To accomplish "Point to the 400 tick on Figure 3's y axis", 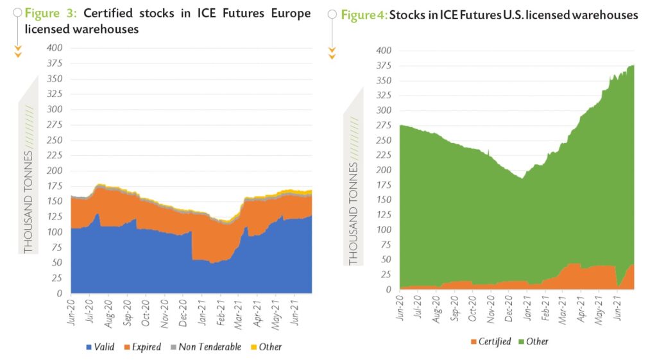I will (x=56, y=48).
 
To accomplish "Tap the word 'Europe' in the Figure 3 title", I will (x=289, y=13).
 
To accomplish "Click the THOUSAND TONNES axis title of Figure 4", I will (x=354, y=213).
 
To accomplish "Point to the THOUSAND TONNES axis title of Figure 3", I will (x=28, y=201).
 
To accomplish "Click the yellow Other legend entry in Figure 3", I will (x=270, y=347).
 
